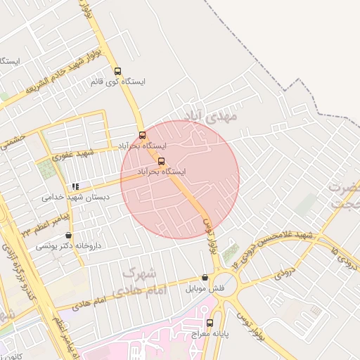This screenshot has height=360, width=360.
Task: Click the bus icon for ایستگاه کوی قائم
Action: point(117,71)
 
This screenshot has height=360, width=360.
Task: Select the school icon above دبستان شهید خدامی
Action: point(75,186)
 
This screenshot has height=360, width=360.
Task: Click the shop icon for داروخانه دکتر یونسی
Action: point(68,236)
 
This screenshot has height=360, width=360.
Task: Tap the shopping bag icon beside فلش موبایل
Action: point(205,278)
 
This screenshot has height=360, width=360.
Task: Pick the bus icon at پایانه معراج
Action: point(210,323)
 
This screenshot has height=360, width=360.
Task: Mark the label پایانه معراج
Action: point(210,333)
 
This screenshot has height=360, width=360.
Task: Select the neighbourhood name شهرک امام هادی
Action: point(143,280)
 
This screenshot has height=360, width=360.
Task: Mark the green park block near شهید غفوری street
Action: point(46,168)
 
